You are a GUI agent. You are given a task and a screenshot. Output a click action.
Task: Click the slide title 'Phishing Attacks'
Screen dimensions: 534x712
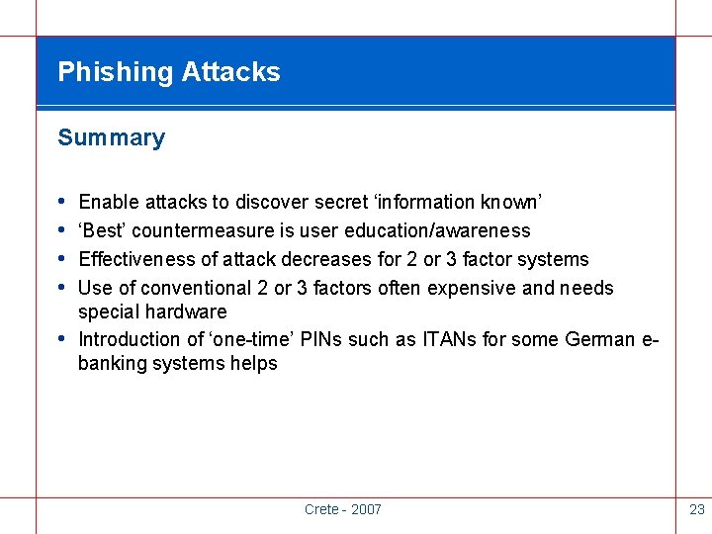(x=169, y=72)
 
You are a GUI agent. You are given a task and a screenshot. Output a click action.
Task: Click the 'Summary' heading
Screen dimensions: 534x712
(x=111, y=138)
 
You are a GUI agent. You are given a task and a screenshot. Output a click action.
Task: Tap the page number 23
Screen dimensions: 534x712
(x=696, y=509)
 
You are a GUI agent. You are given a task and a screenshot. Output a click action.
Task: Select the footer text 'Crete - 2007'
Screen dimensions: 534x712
(x=342, y=509)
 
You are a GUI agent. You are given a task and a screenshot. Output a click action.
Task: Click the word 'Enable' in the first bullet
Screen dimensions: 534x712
(x=109, y=203)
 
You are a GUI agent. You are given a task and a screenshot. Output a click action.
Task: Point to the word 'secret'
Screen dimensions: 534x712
(x=338, y=203)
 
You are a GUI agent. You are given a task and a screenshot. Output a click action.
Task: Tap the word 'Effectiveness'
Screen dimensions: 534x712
(x=135, y=260)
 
